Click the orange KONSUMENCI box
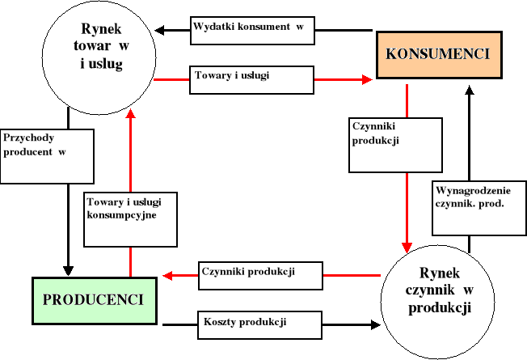[x=438, y=54]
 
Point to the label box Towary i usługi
[x=252, y=78]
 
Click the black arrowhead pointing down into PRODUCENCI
[x=69, y=270]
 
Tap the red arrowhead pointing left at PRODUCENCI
[x=168, y=276]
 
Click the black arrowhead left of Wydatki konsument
[x=160, y=31]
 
